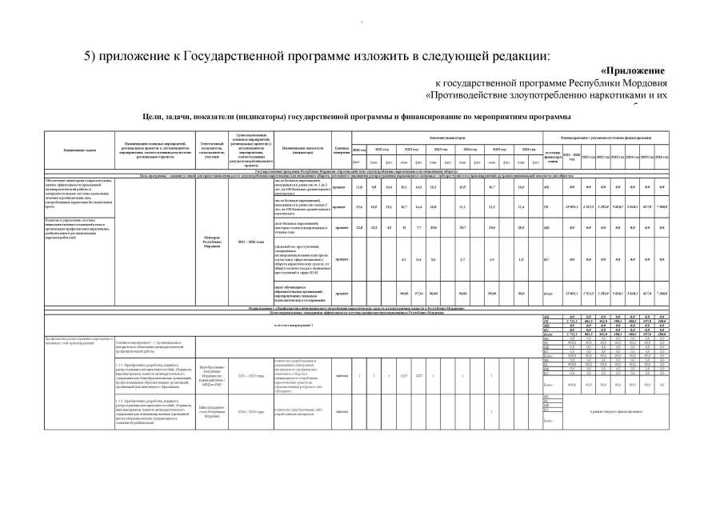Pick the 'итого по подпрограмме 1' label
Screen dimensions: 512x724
pos(293,326)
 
